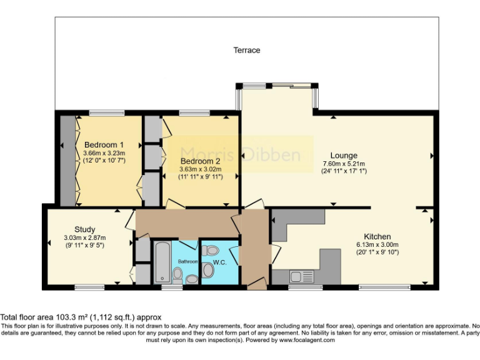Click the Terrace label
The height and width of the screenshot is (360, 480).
click(x=246, y=50)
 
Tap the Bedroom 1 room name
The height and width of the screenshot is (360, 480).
click(x=104, y=144)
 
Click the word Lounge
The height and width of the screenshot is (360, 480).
click(x=344, y=156)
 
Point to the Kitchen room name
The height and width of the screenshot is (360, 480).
click(x=377, y=236)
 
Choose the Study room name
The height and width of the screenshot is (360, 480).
click(x=84, y=229)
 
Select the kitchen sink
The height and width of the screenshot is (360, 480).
click(x=299, y=275)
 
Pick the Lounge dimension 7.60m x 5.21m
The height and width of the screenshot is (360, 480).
click(x=344, y=164)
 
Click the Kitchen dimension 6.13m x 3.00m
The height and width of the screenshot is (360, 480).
click(x=377, y=244)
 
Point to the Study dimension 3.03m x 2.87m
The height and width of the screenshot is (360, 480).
click(x=84, y=237)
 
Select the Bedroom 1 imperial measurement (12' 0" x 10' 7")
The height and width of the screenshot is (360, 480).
click(x=104, y=160)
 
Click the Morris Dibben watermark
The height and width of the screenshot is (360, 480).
click(x=240, y=154)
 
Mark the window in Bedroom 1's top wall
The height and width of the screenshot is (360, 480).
click(x=106, y=112)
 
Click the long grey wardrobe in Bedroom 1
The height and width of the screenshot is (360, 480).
click(x=67, y=160)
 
